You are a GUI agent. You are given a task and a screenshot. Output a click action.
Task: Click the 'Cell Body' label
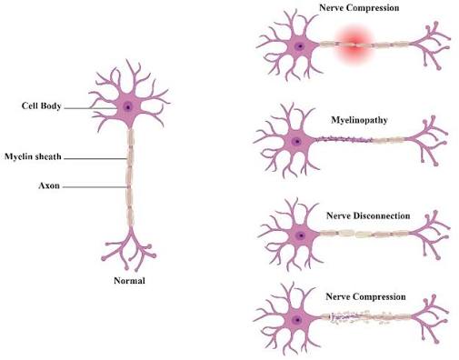pos(42,105)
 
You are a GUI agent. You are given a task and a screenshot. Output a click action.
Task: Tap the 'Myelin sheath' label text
pos(33,156)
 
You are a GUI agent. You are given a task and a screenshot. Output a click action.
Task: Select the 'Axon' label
pos(49,185)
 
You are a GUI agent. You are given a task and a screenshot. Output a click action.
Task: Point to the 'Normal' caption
pos(129,281)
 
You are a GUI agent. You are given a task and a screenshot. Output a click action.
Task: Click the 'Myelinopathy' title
pos(359,120)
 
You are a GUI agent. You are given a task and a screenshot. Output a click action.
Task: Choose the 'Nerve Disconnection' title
pos(368,215)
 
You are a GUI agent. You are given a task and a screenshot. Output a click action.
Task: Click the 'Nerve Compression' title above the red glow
pos(359,7)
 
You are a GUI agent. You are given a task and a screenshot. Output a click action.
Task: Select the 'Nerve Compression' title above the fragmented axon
pos(365,296)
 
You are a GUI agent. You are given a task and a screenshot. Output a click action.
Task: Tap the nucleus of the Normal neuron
pos(128,106)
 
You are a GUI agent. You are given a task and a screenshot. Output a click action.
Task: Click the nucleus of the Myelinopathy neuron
pos(297,142)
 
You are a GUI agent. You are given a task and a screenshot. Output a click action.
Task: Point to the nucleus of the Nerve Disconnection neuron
pos(301,235)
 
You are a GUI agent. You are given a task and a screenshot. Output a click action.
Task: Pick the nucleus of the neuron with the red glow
pos(300,46)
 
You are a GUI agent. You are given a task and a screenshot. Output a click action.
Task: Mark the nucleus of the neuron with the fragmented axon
pos(297,320)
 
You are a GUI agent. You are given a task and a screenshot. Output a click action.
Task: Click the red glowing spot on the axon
pos(354,45)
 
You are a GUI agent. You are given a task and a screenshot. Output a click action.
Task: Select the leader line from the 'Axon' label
pos(95,187)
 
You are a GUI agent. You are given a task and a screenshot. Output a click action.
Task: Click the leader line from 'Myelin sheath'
pos(95,158)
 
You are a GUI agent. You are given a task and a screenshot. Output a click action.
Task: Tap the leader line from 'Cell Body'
pos(91,108)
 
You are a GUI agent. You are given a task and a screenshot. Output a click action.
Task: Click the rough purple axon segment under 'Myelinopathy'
pos(344,140)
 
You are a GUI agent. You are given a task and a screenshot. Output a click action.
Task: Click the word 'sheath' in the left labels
pos(49,156)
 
